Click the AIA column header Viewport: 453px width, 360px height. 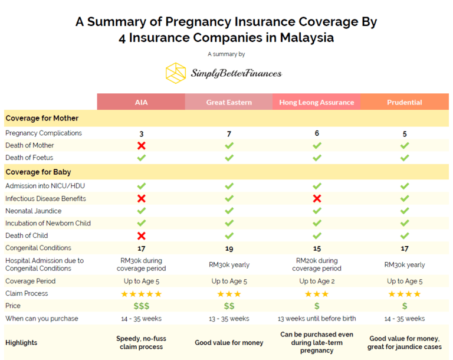[x=141, y=102]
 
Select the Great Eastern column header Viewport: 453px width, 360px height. [x=229, y=102]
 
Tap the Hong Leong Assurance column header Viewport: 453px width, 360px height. [x=317, y=102]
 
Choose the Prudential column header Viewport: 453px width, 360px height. [x=405, y=102]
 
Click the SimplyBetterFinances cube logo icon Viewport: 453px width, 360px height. [x=176, y=73]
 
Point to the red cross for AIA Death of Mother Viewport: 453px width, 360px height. [x=141, y=145]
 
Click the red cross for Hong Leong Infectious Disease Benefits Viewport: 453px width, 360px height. [x=317, y=198]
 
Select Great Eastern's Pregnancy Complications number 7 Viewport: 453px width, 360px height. [x=229, y=133]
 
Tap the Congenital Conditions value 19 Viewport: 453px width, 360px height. [x=229, y=248]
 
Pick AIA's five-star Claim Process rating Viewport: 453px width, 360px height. [x=141, y=294]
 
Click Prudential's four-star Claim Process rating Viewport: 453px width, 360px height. [x=405, y=294]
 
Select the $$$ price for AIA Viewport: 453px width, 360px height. [x=141, y=306]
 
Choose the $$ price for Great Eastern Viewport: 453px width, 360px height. [x=229, y=306]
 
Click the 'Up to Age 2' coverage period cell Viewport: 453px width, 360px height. [x=317, y=281]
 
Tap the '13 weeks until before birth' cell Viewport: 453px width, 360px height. [x=317, y=319]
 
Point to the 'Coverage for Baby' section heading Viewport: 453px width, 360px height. [x=38, y=172]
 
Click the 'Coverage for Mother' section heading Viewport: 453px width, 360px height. [x=42, y=118]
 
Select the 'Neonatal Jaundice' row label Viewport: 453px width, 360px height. [x=33, y=211]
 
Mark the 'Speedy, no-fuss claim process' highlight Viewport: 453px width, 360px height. [x=141, y=343]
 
